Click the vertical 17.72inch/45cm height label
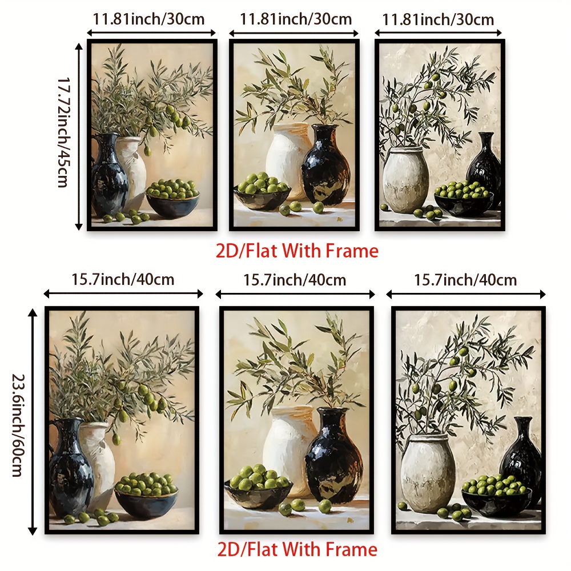pos(63,132)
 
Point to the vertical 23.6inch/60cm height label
pos(18,425)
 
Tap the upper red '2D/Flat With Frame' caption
pos(297,251)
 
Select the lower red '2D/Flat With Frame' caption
pos(297,549)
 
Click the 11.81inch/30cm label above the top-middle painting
pos(296,19)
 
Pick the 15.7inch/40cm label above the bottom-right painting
pos(465,280)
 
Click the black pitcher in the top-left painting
pos(108,174)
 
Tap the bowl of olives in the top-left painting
pos(172,199)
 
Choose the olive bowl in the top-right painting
pos(464,200)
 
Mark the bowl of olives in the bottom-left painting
pos(146,495)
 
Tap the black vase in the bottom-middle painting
pos(334,456)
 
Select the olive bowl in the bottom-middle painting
pos(259,488)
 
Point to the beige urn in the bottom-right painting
pos(428,473)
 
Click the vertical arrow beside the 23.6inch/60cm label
pos(33,421)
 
